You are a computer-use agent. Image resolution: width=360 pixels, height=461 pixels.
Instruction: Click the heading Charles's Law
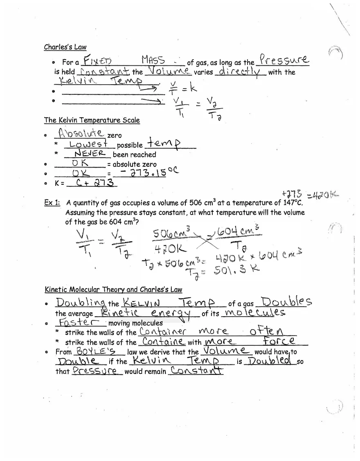click(65, 47)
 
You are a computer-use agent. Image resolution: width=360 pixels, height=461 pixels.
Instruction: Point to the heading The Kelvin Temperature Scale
click(92, 120)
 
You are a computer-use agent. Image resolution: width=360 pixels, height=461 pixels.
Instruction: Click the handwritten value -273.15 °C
click(148, 173)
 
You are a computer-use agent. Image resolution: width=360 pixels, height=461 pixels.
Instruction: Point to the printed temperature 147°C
click(292, 203)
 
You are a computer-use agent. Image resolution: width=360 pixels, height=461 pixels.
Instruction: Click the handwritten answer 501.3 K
click(237, 270)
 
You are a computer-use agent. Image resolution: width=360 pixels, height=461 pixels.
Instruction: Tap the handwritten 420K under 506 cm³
click(170, 248)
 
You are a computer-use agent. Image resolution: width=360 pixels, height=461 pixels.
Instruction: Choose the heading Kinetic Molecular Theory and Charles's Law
click(113, 290)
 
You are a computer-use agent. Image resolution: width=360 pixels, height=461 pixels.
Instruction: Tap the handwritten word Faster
click(81, 322)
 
